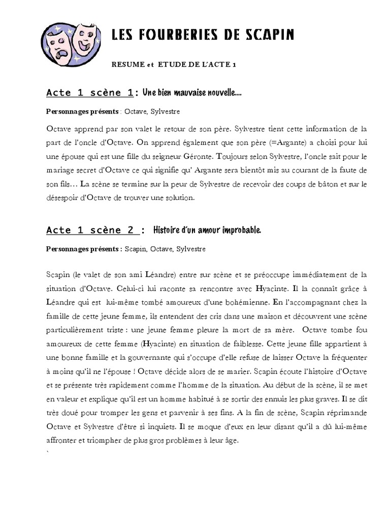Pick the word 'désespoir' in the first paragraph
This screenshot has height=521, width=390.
tap(63, 197)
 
